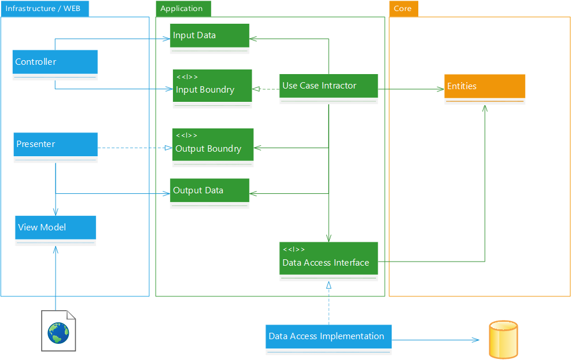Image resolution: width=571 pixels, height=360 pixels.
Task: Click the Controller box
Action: (55, 62)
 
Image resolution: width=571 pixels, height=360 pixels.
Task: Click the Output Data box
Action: (209, 190)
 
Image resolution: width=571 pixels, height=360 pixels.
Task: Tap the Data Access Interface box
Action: (328, 258)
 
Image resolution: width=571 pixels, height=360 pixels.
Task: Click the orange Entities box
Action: (484, 86)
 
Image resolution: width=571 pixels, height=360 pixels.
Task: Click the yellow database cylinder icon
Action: (502, 340)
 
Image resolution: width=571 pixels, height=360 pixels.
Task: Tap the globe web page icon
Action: (58, 333)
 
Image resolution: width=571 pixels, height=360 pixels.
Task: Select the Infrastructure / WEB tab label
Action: (45, 9)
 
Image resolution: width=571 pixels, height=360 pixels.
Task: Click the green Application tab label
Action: (182, 9)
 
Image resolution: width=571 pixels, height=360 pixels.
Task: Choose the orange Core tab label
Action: (403, 9)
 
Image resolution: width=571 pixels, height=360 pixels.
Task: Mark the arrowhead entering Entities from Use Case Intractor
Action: (440, 89)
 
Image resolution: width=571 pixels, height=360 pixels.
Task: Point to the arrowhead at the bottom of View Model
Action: (56, 248)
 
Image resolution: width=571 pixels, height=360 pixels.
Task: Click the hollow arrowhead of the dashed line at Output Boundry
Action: (168, 148)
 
